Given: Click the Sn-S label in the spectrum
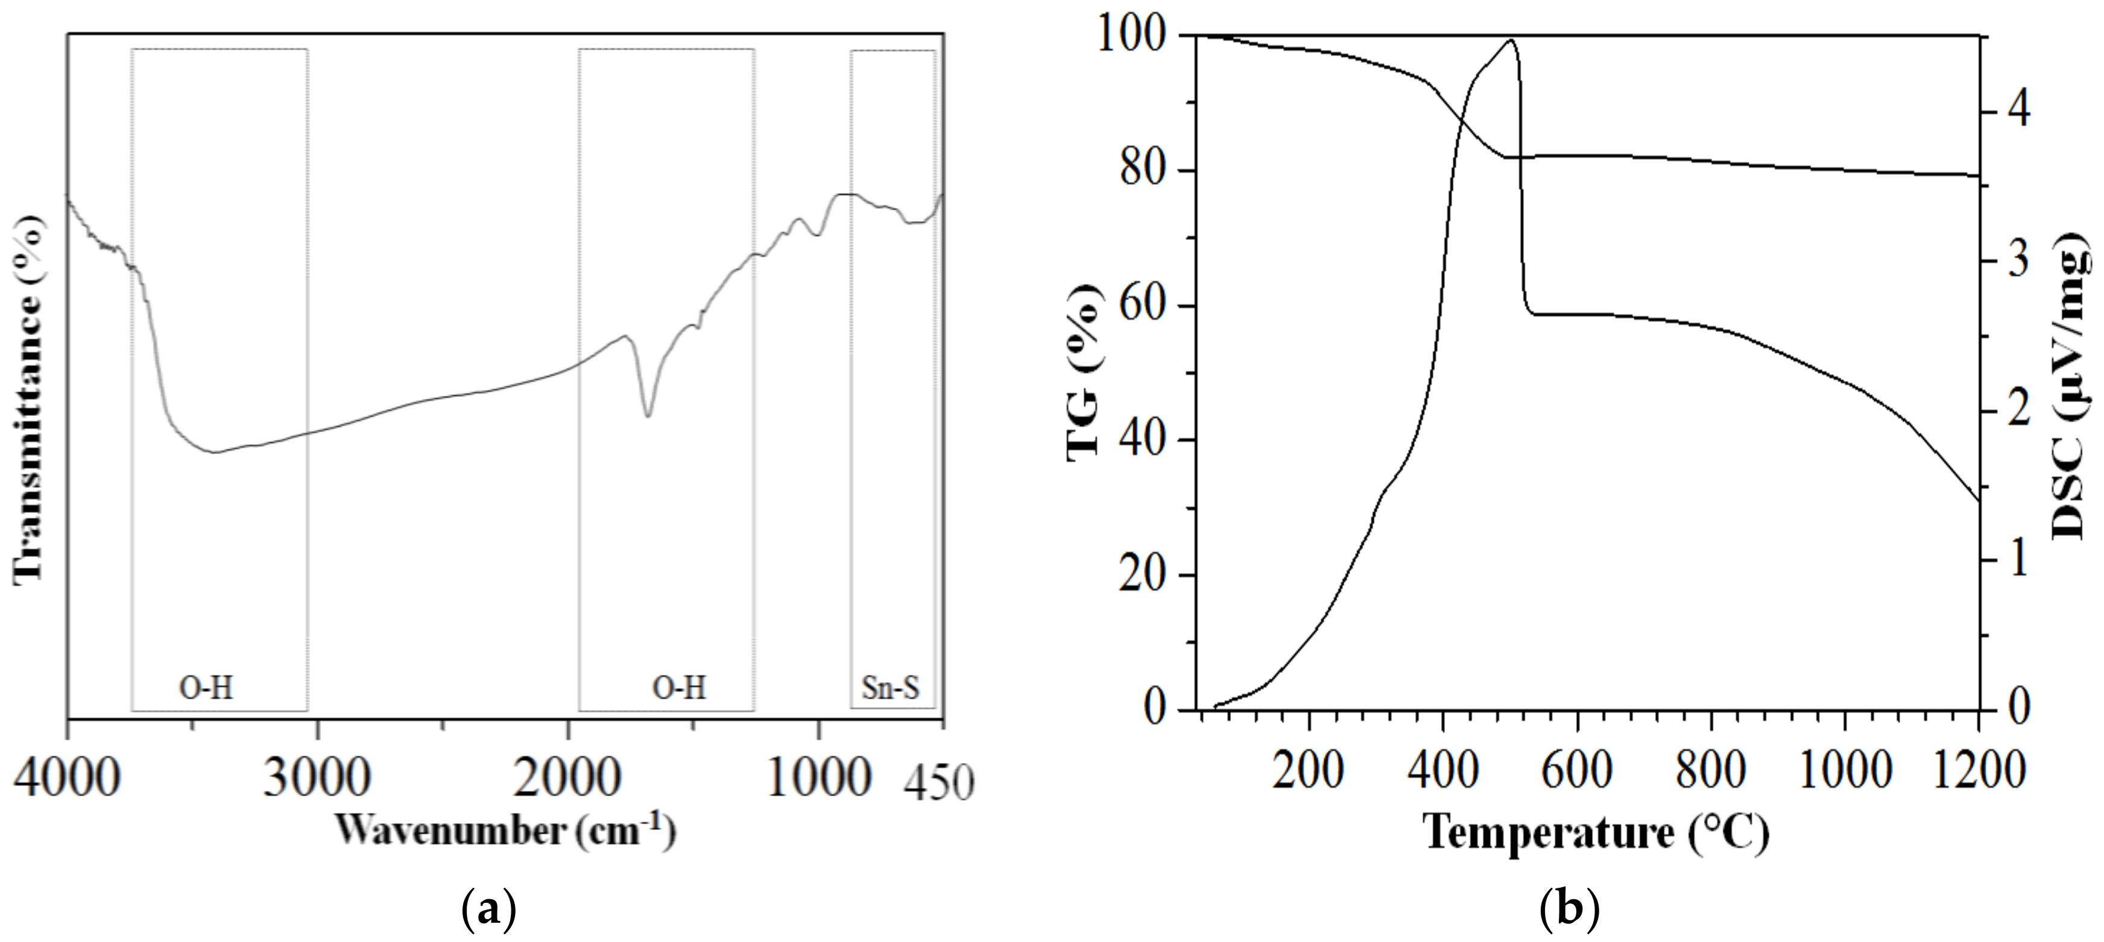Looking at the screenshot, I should [x=890, y=688].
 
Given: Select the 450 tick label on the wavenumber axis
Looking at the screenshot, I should [x=940, y=785].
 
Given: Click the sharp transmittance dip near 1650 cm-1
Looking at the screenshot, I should [x=648, y=415].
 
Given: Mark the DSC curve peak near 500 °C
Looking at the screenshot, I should [x=1510, y=41].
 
